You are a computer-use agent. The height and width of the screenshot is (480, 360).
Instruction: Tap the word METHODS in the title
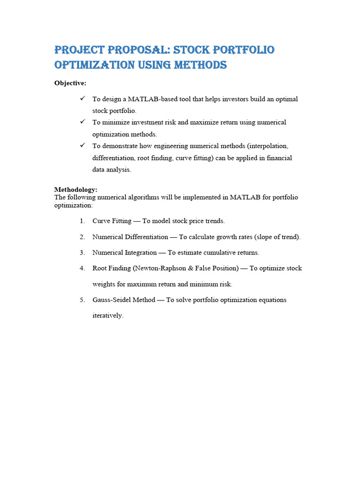click(x=201, y=65)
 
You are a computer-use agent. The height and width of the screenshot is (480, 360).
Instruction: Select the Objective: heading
click(x=70, y=83)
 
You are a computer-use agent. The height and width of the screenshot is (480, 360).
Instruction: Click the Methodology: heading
click(x=76, y=189)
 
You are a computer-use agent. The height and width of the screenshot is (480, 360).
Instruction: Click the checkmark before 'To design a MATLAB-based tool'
click(x=82, y=98)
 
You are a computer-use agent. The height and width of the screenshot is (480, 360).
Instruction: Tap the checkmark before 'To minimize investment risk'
click(x=82, y=122)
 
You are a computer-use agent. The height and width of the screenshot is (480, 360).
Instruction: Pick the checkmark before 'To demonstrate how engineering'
click(x=82, y=145)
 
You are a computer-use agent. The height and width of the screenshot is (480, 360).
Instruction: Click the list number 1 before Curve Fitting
click(x=82, y=221)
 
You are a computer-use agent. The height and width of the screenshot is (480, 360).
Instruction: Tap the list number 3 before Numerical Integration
click(x=82, y=253)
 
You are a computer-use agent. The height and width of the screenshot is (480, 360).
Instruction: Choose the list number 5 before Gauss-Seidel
click(x=82, y=300)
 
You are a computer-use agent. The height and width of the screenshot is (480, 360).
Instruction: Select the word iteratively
click(x=108, y=315)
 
